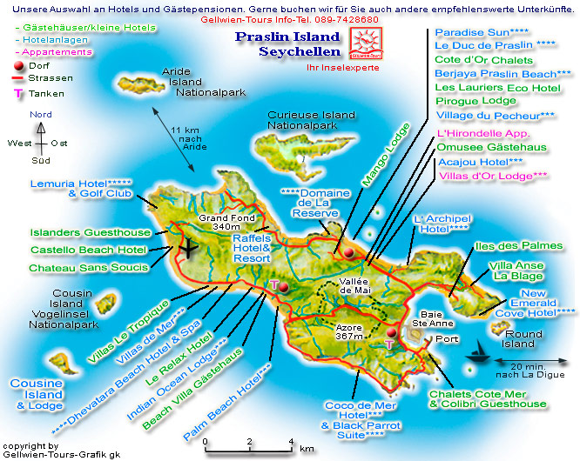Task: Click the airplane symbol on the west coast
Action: [x=187, y=247]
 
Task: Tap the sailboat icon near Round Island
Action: [x=479, y=353]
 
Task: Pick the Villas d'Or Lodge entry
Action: [x=492, y=175]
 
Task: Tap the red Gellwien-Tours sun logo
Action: [x=363, y=42]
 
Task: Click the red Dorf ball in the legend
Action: [x=18, y=66]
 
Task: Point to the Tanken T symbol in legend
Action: [x=18, y=93]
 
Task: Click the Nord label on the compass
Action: [x=40, y=115]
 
